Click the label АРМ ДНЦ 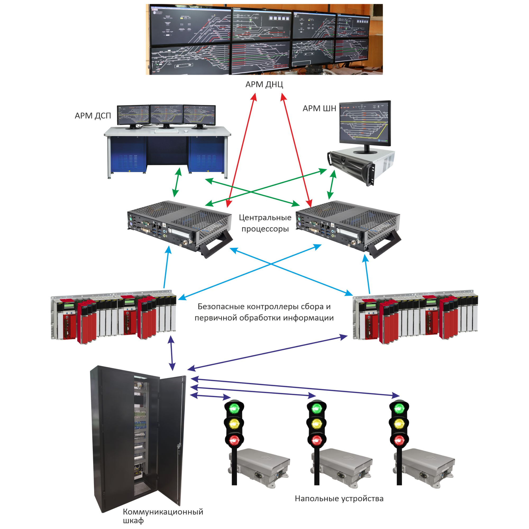(264, 84)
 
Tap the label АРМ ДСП (93, 116)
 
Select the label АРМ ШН (319, 109)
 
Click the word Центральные (265, 218)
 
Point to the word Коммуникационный (163, 512)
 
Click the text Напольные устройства (339, 499)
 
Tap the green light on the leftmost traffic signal (234, 408)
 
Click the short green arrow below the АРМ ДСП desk (177, 182)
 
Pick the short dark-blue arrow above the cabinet (172, 353)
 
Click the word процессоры (265, 229)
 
